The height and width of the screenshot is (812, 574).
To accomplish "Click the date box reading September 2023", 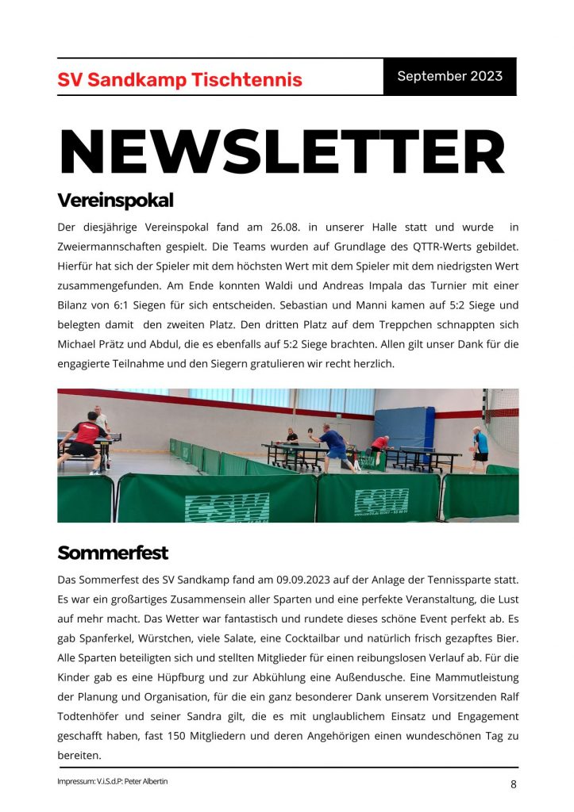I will coord(449,77).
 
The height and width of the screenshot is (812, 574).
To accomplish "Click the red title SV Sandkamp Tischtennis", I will coord(179,80).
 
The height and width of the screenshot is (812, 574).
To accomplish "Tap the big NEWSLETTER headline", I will coord(282,152).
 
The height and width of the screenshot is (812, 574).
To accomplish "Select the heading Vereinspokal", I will coord(115,200).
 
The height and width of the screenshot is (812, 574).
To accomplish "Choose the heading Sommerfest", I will coord(113,552).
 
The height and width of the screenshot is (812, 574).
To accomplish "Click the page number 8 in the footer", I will coord(514,784).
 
